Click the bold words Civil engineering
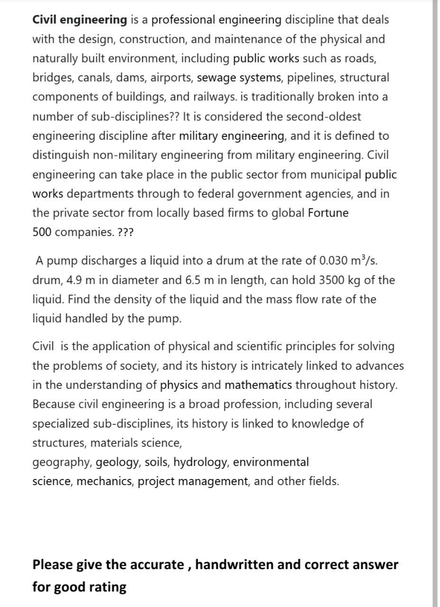click(80, 20)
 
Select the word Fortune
click(328, 213)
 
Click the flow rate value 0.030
click(334, 261)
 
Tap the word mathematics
click(258, 385)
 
